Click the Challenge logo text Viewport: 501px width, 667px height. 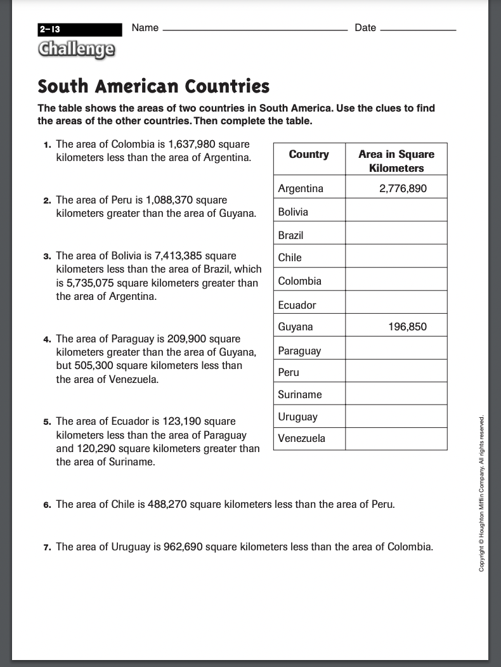(76, 49)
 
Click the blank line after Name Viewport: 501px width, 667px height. (255, 29)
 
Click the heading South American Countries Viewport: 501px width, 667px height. (153, 86)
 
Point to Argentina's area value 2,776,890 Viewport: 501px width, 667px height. (403, 188)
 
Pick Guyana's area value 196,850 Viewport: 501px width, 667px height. (407, 327)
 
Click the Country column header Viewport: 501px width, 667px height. (309, 154)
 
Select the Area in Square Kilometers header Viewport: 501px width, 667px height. (396, 161)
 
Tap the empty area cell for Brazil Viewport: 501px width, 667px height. (396, 235)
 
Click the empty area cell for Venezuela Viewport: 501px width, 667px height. (396, 438)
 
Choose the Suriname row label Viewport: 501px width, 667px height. (300, 394)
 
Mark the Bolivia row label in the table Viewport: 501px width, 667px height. (293, 212)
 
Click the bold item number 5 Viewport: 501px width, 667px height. (47, 422)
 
